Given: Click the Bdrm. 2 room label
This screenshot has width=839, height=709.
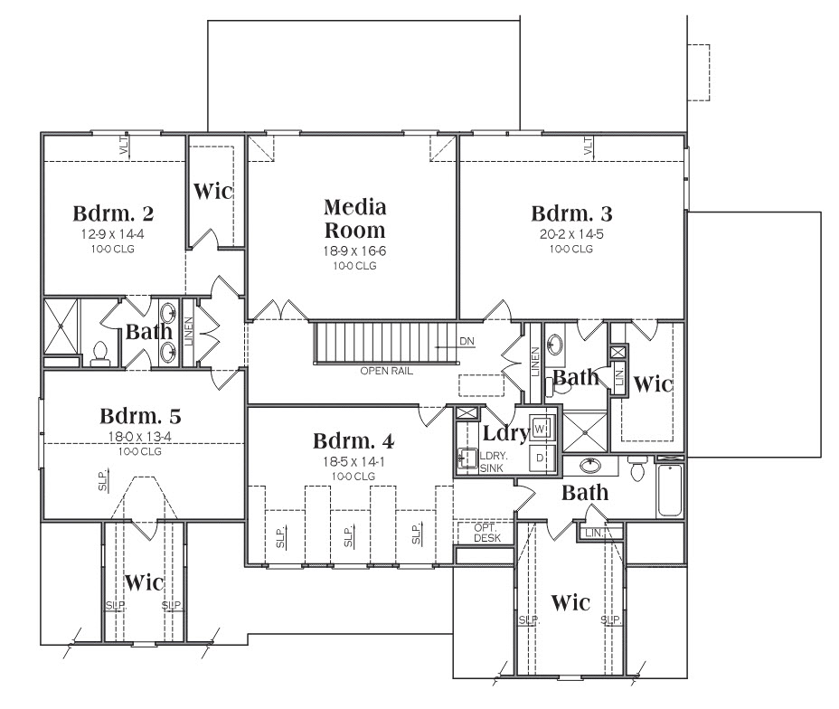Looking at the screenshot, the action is coord(113,213).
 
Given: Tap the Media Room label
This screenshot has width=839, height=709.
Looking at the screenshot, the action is coord(354,218).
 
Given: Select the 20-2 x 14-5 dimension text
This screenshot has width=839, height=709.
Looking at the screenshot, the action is coord(571,234).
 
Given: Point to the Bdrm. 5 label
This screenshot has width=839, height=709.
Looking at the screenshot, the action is coord(141,416).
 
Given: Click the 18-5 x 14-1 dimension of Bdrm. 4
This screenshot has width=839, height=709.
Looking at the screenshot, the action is coord(354,461).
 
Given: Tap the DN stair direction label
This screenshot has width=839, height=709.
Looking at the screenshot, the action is coord(467,342).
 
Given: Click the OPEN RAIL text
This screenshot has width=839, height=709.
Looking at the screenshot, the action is coord(386,371).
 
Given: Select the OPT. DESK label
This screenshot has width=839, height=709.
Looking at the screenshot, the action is coord(487,533).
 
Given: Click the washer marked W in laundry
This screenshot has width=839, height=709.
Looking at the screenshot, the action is coord(540,429).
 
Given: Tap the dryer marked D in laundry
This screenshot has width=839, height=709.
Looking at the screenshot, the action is coord(540,458).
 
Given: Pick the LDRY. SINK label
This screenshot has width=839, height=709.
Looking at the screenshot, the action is coord(494,462).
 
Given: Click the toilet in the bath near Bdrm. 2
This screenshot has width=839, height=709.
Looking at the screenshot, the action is coord(100,354).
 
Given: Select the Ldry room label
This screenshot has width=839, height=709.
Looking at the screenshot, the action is coord(505,432).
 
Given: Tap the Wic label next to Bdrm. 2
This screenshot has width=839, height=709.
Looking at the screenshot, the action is coord(213,191).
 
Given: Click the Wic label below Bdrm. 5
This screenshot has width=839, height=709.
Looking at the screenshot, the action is coord(144,582).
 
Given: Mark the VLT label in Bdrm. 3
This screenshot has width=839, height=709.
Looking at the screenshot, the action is coord(588,147).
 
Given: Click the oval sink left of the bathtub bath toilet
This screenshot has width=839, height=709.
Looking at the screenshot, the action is coord(591,465).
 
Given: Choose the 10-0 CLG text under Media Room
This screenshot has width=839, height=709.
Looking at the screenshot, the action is coord(354,266).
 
